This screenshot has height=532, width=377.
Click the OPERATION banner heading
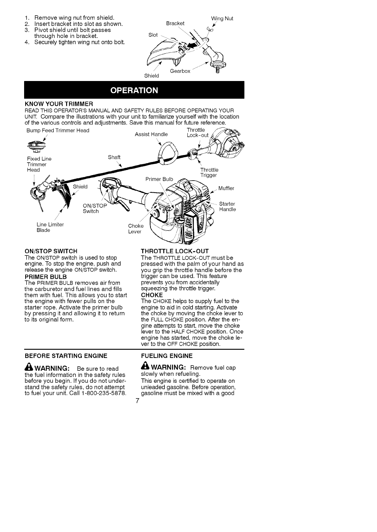[134, 90]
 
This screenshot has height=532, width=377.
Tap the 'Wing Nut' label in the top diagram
[222, 18]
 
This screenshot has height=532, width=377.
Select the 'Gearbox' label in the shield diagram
[180, 71]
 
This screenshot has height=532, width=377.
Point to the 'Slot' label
[153, 35]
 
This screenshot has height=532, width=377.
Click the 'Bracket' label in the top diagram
[175, 23]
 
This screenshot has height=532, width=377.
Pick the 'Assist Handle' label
[151, 134]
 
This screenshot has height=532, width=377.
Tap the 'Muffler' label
[226, 188]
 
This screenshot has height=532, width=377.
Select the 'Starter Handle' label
[227, 207]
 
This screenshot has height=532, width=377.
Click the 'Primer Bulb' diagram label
[159, 179]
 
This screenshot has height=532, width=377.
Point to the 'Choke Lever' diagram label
[136, 229]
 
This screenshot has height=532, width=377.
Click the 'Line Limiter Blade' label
[50, 227]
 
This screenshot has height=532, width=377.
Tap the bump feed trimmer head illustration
[37, 147]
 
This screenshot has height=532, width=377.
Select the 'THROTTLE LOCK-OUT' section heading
[175, 251]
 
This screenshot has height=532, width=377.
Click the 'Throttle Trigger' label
[209, 173]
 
